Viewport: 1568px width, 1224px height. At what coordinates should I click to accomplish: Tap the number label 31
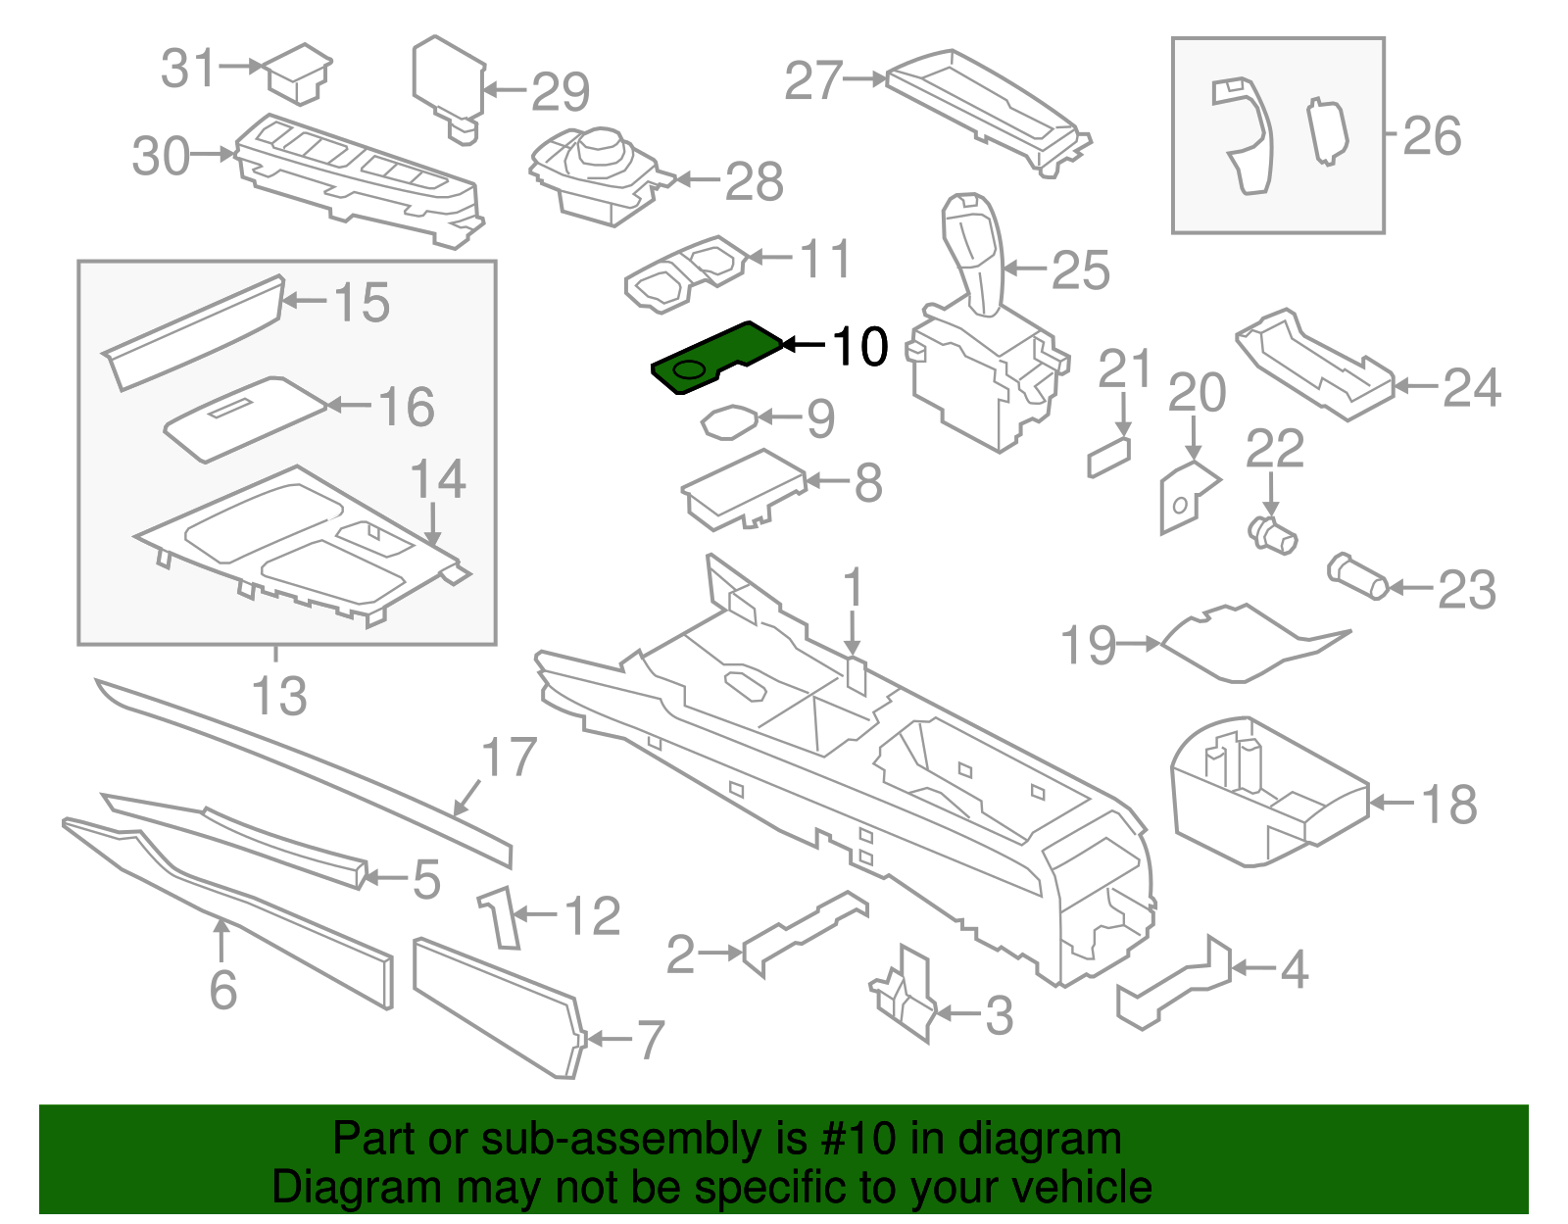(187, 69)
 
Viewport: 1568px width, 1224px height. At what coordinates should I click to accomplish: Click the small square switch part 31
(299, 73)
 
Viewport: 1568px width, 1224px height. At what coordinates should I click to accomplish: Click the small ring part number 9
(728, 421)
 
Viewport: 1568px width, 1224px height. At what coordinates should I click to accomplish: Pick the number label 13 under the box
(279, 696)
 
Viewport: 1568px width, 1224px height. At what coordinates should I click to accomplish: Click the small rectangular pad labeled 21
(1108, 457)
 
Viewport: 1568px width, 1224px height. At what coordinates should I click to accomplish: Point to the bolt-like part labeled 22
(1272, 535)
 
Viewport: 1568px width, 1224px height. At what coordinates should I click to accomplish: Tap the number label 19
(1088, 646)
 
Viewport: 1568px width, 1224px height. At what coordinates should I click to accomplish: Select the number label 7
(651, 1039)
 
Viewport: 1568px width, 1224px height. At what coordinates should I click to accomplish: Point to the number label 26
(1432, 135)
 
